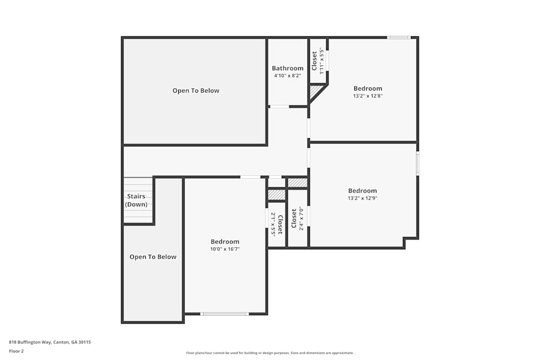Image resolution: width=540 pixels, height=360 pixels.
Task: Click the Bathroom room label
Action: pos(287,69)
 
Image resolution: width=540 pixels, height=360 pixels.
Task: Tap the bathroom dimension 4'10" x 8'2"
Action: pos(287,76)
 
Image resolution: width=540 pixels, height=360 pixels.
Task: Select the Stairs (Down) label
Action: pos(136,200)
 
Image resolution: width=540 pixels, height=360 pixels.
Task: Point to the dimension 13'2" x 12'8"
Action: pos(368,96)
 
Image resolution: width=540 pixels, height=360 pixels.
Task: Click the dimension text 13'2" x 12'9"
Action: pos(362,198)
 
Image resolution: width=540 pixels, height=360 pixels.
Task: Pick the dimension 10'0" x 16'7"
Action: pos(225,249)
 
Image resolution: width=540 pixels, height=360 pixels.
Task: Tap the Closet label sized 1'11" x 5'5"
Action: pos(315,61)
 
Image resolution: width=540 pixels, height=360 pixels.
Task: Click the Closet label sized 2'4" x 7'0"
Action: pos(294,219)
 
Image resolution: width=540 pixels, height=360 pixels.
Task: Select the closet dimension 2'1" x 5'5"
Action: pos(274,224)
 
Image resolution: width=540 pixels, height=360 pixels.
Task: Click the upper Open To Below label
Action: pos(196,91)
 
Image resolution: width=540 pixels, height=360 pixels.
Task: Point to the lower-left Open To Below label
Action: pos(153,257)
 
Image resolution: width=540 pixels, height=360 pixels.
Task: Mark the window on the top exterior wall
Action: pos(399,37)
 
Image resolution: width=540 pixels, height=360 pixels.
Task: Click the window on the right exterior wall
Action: pos(417,164)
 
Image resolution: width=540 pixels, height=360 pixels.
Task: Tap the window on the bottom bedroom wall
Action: pos(225,314)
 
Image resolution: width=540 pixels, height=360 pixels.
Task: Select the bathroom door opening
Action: pos(279,106)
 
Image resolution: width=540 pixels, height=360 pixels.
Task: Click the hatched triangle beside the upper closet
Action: pos(314,92)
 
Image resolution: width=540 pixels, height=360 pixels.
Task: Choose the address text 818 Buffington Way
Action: pos(50,342)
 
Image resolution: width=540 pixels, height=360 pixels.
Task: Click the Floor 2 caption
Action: pos(16,351)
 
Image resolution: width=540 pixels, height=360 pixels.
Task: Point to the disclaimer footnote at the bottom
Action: pos(270,352)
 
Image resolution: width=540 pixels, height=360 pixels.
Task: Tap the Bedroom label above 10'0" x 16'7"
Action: pos(225,242)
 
